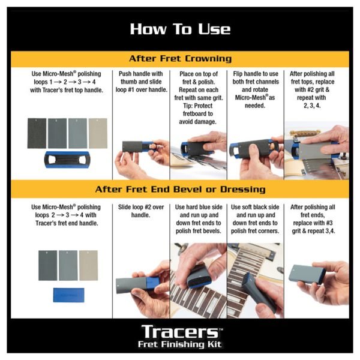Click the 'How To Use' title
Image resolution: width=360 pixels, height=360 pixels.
180,29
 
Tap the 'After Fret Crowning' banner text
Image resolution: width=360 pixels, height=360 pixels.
180,59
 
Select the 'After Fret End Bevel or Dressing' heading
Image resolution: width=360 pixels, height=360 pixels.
180,189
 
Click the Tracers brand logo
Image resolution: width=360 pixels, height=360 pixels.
181,332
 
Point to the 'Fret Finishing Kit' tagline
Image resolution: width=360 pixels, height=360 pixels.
180,344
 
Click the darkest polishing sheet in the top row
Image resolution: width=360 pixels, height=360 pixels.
37,133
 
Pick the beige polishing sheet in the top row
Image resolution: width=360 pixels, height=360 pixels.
98,133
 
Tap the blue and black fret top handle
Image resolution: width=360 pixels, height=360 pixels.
67,160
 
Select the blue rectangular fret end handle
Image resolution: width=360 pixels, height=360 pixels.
68,295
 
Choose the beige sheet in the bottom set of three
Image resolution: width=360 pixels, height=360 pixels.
89,265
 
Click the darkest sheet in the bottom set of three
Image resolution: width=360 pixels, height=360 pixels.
48,265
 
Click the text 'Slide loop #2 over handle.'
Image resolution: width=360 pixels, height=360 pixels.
141,211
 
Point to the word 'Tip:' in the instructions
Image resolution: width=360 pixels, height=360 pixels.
188,106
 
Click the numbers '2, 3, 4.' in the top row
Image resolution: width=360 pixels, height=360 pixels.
312,106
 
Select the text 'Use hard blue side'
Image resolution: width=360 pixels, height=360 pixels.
199,207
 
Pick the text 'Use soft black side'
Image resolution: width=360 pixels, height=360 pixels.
255,207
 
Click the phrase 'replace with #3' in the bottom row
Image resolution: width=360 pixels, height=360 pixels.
313,223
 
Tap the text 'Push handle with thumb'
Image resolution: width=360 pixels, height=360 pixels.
141,77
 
